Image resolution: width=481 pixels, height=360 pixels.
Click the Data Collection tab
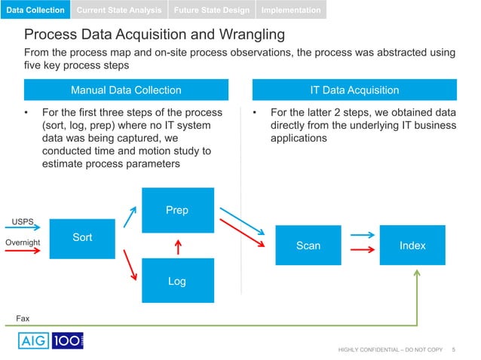click(36, 10)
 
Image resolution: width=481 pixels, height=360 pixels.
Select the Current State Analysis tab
click(119, 10)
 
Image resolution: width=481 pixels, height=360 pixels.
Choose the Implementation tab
click(291, 10)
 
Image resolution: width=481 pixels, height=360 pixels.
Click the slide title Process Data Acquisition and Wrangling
click(155, 35)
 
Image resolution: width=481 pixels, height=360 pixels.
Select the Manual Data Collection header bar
click(126, 90)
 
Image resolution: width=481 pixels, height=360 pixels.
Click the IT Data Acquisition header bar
click(354, 90)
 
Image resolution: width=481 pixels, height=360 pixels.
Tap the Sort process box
click(82, 237)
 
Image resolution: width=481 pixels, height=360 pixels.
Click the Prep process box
click(176, 210)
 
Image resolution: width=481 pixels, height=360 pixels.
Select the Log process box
click(176, 281)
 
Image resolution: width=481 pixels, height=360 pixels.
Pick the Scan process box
click(308, 246)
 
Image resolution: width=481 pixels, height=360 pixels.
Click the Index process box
click(412, 246)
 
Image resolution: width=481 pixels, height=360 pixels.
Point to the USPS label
click(21, 221)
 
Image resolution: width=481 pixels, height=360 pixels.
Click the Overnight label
click(23, 242)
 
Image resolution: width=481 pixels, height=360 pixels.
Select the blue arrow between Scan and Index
click(363, 235)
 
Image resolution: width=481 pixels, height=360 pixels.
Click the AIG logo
click(32, 340)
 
